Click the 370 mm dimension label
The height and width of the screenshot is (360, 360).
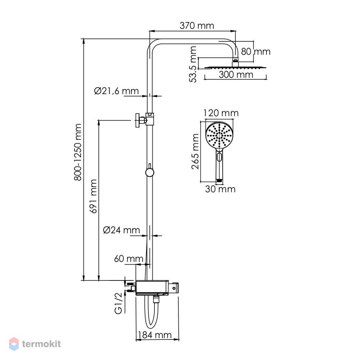[x=197, y=26]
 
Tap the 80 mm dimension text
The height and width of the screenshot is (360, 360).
[x=256, y=51]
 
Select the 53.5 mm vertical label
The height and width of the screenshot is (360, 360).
[x=193, y=64]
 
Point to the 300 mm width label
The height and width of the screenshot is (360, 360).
[x=236, y=75]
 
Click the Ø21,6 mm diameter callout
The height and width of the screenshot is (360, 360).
[x=116, y=91]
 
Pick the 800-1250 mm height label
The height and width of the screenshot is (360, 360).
[x=78, y=152]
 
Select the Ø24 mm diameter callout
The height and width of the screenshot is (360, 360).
[x=121, y=230]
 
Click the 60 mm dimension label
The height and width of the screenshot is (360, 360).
[x=129, y=259]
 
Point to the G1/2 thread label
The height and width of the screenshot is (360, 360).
[x=118, y=304]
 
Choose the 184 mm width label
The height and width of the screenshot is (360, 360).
[x=154, y=335]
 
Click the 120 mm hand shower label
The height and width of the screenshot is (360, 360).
[x=221, y=113]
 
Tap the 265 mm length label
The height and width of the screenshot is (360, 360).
[x=195, y=152]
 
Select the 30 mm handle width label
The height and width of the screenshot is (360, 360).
[x=220, y=189]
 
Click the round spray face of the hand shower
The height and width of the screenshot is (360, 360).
[x=219, y=135]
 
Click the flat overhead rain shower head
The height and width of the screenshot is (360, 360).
[x=235, y=67]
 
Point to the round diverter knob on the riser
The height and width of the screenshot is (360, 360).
[x=150, y=172]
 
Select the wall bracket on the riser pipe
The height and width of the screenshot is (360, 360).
[x=145, y=120]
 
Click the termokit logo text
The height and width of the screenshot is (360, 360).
[x=41, y=344]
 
